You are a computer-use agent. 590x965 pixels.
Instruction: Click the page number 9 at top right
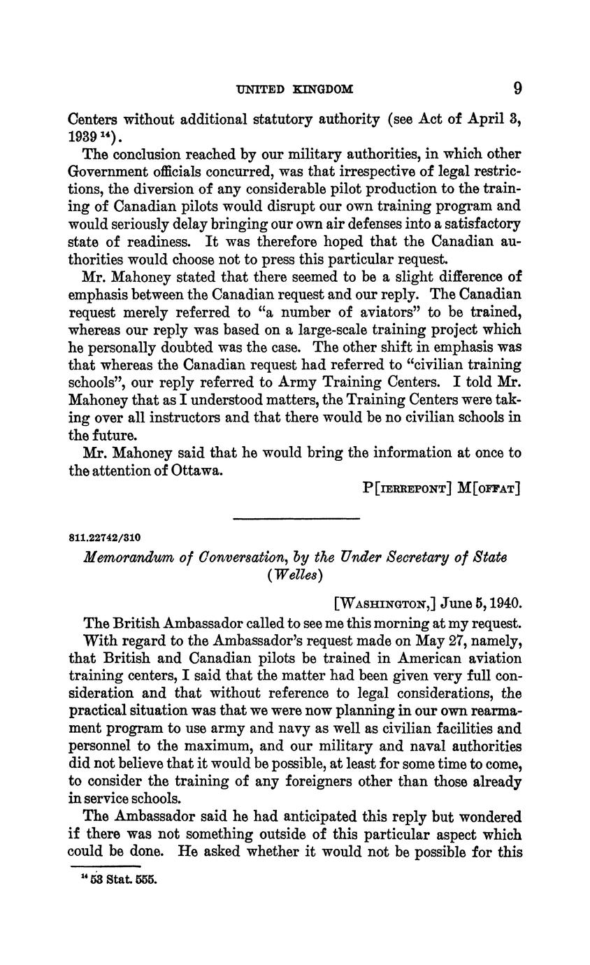click(x=517, y=88)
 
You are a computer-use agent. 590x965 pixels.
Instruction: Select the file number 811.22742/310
click(x=105, y=538)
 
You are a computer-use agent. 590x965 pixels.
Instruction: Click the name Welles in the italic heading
click(x=295, y=575)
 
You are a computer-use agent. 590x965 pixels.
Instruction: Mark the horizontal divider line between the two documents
click(x=295, y=518)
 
